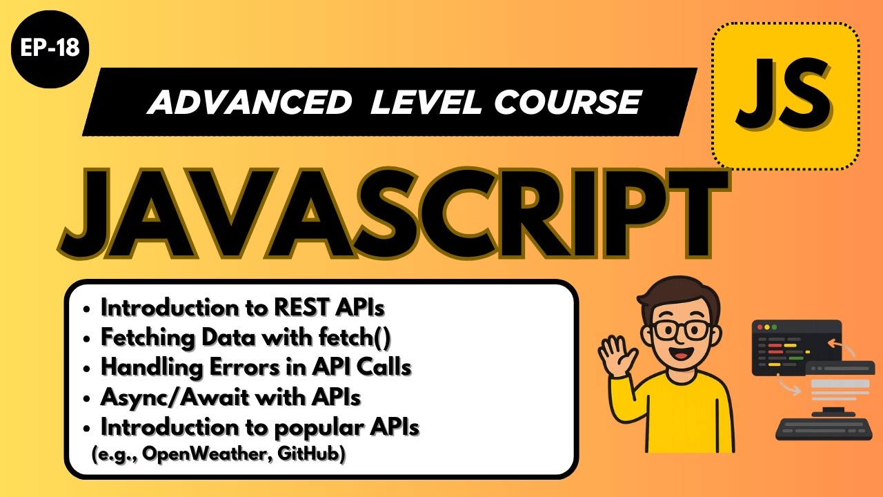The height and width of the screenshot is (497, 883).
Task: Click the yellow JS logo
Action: point(785,95)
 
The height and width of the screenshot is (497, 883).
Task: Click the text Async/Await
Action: point(169,398)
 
